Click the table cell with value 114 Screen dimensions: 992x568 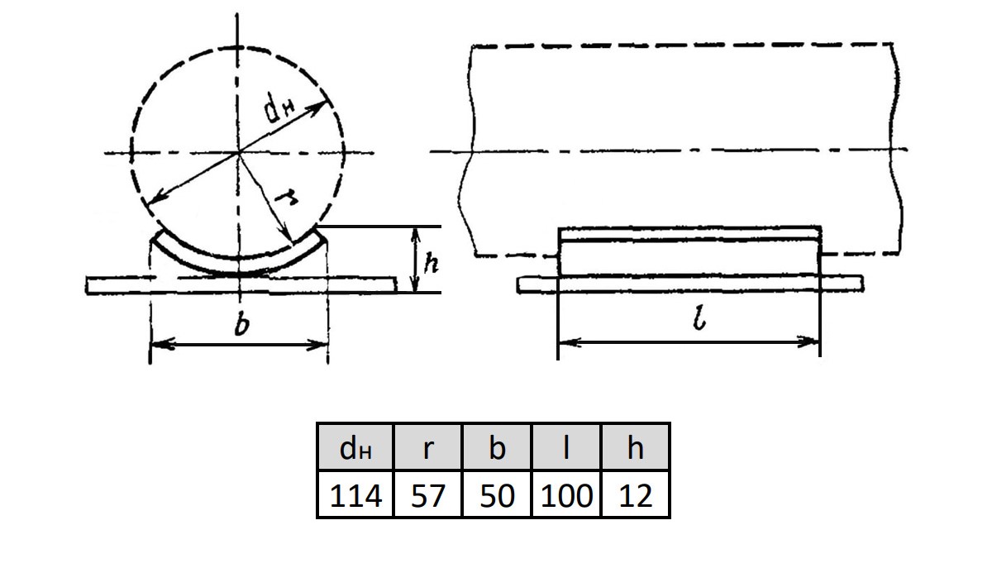[x=355, y=494]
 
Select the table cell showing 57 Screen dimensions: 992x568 [x=427, y=494]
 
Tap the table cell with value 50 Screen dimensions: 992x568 [x=497, y=494]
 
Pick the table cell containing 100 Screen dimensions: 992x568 [x=566, y=494]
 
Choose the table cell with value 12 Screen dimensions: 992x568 [x=636, y=494]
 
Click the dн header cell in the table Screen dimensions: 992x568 [x=355, y=447]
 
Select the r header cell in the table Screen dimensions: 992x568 [x=427, y=447]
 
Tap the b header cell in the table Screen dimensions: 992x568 [x=497, y=447]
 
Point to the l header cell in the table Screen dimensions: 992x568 [x=566, y=447]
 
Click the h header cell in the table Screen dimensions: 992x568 [x=636, y=447]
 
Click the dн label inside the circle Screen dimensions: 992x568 [x=278, y=108]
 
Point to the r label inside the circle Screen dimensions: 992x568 [x=286, y=197]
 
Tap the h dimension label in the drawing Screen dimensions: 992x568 [x=431, y=262]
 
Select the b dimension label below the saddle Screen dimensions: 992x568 [x=241, y=325]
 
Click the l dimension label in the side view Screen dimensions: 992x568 [x=699, y=318]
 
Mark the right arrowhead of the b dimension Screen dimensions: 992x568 [x=318, y=345]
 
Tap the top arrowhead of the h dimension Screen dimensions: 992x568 [x=415, y=236]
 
